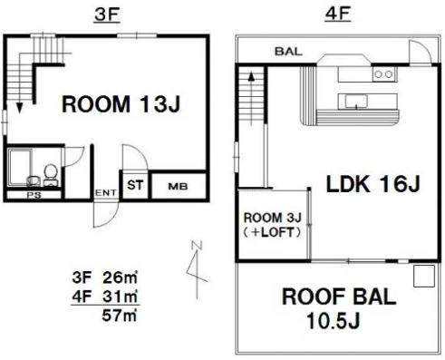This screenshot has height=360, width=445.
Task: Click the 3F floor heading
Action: tap(107, 15)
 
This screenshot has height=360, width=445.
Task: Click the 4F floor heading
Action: tap(337, 14)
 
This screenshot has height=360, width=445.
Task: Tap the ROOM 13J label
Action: tap(121, 104)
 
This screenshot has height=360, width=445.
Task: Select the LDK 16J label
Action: tap(373, 184)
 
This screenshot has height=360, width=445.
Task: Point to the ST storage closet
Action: tap(135, 185)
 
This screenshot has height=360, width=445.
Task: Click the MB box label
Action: tap(178, 187)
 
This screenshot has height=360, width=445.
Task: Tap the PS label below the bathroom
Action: tap(34, 195)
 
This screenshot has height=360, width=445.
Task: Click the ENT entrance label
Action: tap(106, 192)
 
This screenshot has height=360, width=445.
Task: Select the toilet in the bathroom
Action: tap(51, 175)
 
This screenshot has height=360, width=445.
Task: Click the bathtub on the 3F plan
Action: tap(20, 167)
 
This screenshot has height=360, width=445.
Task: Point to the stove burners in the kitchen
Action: tap(383, 74)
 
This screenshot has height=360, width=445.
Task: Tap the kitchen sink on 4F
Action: tap(356, 102)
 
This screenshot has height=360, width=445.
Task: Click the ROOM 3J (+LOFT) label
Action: tap(272, 225)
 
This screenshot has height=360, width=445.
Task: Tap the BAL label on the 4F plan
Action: tap(288, 52)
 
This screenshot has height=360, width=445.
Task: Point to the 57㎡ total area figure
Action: tap(120, 316)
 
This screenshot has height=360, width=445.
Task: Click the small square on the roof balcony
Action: tap(424, 276)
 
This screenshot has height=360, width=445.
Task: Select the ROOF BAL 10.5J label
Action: tap(339, 308)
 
